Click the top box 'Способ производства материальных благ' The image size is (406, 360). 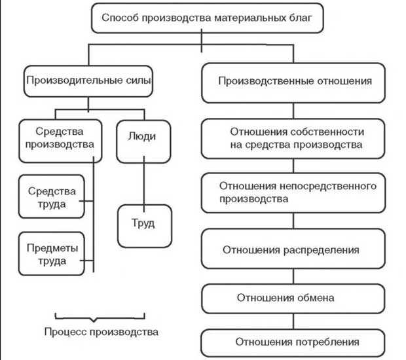pyautogui.click(x=203, y=20)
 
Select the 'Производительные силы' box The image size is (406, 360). pyautogui.click(x=88, y=83)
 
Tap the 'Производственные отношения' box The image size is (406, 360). pyautogui.click(x=294, y=83)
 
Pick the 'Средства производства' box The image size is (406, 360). pyautogui.click(x=60, y=139)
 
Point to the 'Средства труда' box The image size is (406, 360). pyautogui.click(x=52, y=197)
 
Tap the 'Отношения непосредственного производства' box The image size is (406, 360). pyautogui.click(x=292, y=192)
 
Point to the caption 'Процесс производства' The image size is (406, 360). pyautogui.click(x=102, y=332)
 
